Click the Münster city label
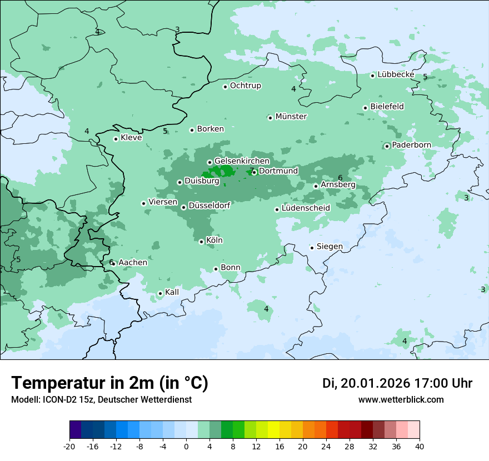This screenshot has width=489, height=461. [291, 117]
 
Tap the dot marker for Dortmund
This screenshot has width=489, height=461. [255, 172]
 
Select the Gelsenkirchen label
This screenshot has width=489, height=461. [242, 161]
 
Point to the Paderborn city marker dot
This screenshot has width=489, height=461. [387, 146]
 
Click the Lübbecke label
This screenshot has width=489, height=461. [396, 74]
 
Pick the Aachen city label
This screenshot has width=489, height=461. [133, 263]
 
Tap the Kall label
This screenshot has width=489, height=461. [172, 292]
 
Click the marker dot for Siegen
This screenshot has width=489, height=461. [312, 248]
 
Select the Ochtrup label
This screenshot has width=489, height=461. [246, 86]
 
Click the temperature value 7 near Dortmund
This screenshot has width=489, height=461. [251, 171]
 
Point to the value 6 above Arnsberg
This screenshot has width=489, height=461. [340, 178]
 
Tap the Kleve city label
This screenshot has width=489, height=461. [131, 138]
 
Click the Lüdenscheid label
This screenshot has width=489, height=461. [306, 208]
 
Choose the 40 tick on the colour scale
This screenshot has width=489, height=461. [419, 447]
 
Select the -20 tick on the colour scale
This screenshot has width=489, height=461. [69, 447]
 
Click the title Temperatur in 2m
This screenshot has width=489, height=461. [109, 383]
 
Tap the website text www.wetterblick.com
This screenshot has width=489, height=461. [401, 400]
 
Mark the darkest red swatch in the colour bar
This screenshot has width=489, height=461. [367, 430]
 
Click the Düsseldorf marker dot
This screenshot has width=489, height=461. [184, 207]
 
